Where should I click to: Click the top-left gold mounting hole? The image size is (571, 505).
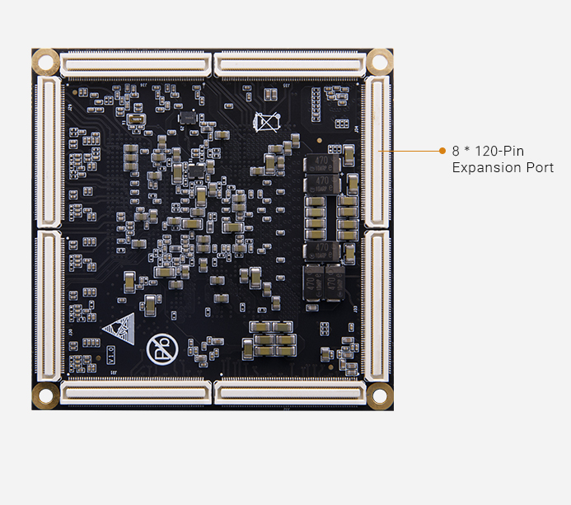coord(45,61)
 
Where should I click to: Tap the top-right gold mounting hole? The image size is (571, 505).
coord(379,60)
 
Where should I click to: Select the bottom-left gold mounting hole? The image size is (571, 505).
coord(45,395)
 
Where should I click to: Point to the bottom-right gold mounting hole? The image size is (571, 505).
coord(379,395)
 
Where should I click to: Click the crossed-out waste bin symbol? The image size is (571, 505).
coord(267,123)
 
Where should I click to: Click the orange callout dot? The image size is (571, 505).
coord(442,152)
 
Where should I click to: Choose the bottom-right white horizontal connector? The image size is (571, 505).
coord(289,393)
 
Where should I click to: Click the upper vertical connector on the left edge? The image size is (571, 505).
coord(48,152)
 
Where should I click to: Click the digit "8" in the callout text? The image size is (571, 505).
coord(456,152)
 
